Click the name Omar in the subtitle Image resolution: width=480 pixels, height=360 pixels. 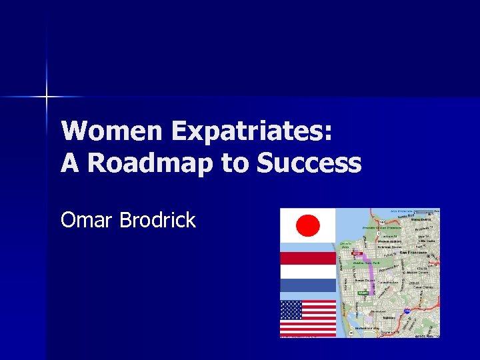pyautogui.click(x=87, y=220)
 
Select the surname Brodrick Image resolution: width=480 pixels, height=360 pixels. pyautogui.click(x=157, y=220)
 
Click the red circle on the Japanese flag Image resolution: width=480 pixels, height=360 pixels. pyautogui.click(x=307, y=226)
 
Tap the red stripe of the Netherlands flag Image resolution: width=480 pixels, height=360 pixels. pyautogui.click(x=307, y=258)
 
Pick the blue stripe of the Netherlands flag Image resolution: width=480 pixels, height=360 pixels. pyautogui.click(x=307, y=285)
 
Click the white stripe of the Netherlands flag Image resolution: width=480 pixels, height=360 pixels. pyautogui.click(x=307, y=271)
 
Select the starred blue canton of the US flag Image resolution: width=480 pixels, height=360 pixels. pyautogui.click(x=291, y=310)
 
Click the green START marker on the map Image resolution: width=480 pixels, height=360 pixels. pyautogui.click(x=363, y=293)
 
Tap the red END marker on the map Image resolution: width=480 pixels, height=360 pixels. pyautogui.click(x=357, y=254)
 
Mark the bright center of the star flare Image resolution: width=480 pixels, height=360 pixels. pyautogui.click(x=46, y=97)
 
